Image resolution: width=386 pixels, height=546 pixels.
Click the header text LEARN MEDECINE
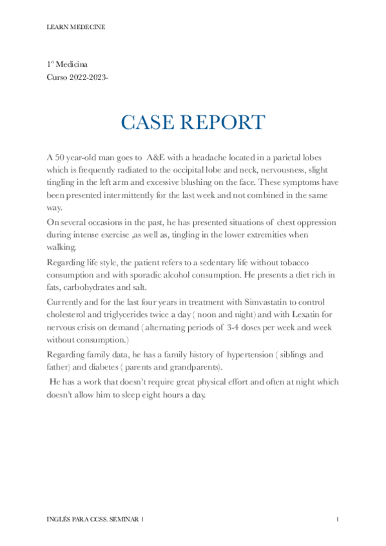76,27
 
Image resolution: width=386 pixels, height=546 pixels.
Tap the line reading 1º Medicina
67,64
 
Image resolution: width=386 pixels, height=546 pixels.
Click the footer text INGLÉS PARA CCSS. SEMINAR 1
96,518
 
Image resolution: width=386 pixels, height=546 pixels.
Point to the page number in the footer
337,518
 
